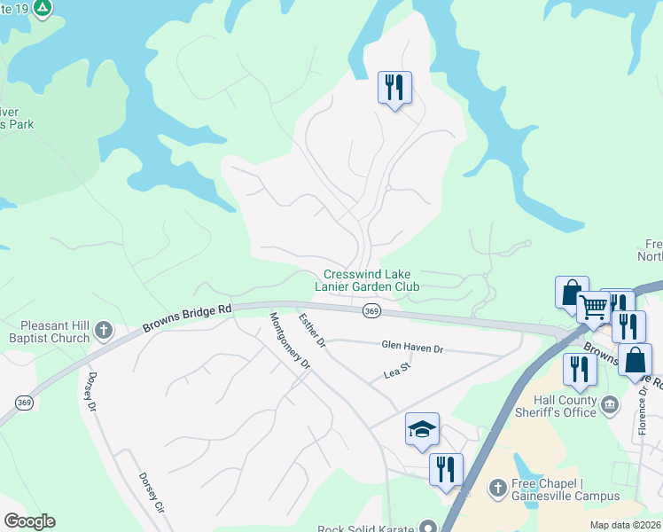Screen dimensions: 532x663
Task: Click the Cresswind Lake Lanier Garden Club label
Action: coord(371,280)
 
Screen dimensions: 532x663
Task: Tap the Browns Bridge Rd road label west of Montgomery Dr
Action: coord(187,318)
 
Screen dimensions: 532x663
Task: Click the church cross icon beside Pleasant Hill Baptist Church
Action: coord(103,332)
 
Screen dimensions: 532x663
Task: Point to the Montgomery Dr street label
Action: coord(290,340)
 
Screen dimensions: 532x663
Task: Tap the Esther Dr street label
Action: coord(312,329)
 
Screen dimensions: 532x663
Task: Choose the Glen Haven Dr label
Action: coord(411,348)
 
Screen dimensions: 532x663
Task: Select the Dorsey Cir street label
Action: coord(152,492)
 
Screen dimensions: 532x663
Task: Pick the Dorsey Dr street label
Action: coord(90,392)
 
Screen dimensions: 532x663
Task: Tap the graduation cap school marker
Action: coord(423,430)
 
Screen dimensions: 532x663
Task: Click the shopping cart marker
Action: coord(593,309)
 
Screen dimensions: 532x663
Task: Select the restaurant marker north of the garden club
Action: coord(394,88)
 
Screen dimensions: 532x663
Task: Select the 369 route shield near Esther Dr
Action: coord(371,311)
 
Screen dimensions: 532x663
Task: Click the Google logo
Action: coord(29,521)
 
